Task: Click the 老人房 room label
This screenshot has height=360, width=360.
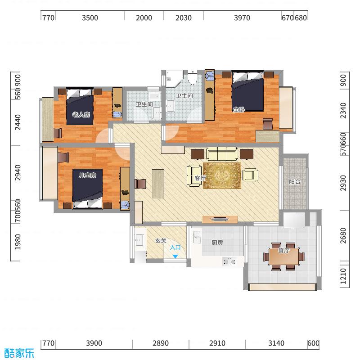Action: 81,115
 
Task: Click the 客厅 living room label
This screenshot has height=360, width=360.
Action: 200,178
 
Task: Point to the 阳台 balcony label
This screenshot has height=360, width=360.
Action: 294,182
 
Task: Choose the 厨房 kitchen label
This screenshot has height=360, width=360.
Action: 217,242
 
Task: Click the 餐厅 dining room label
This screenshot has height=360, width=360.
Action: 283,251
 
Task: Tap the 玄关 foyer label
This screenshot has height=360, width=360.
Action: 161,241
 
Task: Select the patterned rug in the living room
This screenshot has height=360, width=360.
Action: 222,175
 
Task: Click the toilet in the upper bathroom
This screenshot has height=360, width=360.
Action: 193,79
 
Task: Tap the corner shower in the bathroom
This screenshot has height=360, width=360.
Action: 173,78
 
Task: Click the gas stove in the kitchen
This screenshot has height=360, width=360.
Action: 229,261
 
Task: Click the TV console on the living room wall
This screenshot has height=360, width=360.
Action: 220,220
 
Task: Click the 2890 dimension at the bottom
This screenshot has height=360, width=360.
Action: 160,343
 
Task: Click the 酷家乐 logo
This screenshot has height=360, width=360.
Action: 19,353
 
